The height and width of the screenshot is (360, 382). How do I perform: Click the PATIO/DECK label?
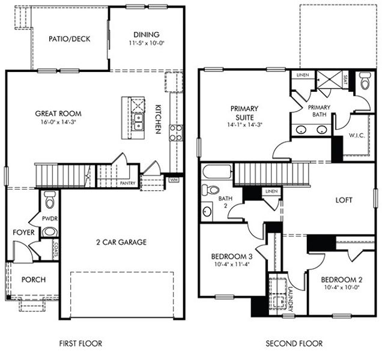[70, 39]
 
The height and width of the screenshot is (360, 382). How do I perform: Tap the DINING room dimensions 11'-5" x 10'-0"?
[146, 44]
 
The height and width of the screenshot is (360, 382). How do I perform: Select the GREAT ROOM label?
[58, 113]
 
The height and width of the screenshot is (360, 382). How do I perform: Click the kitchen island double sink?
[138, 122]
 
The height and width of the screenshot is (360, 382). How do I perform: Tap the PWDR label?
[49, 219]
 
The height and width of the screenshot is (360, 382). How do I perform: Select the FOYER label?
[23, 232]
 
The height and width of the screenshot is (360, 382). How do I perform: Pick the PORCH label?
[33, 280]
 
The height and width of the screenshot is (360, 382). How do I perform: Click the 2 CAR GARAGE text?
[121, 242]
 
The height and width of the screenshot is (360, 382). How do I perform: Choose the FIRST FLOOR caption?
[80, 344]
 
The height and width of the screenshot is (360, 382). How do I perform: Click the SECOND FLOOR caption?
[294, 344]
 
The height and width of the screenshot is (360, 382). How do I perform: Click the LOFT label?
[344, 200]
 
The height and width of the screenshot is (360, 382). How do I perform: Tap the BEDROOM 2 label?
[340, 280]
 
